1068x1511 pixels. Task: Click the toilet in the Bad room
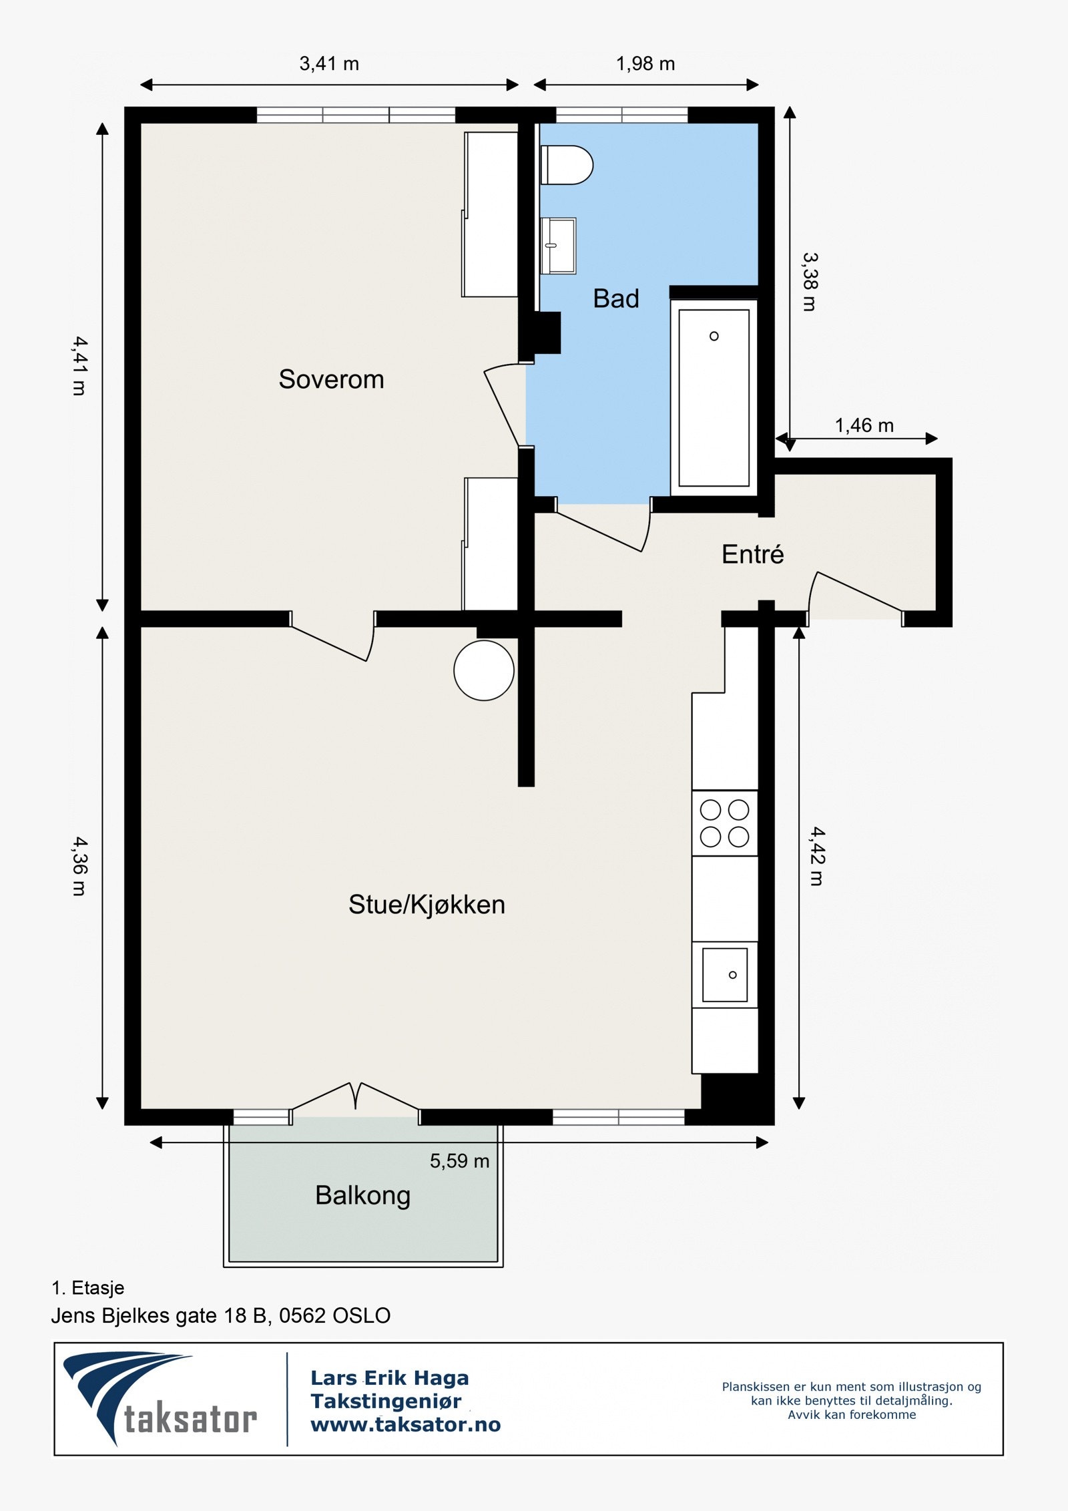[x=567, y=165]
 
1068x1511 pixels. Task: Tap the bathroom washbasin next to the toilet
[x=558, y=246]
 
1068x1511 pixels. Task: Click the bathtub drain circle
[x=714, y=336]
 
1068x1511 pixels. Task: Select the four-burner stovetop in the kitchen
[x=724, y=823]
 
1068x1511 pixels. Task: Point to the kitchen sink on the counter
[x=724, y=975]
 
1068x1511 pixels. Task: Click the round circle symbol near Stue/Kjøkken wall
[x=484, y=670]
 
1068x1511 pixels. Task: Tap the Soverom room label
[x=331, y=379]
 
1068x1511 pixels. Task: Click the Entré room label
[x=752, y=554]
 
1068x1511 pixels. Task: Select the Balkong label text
[x=362, y=1195]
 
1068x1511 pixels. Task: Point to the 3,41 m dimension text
[x=329, y=64]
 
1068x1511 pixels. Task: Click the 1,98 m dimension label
[x=645, y=64]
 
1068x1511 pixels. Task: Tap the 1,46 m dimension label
[x=864, y=425]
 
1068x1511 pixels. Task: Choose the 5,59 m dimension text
[x=459, y=1161]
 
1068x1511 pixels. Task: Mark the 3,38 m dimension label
[x=809, y=282]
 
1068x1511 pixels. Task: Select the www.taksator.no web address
[x=405, y=1424]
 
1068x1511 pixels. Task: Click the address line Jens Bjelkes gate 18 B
[x=220, y=1315]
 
